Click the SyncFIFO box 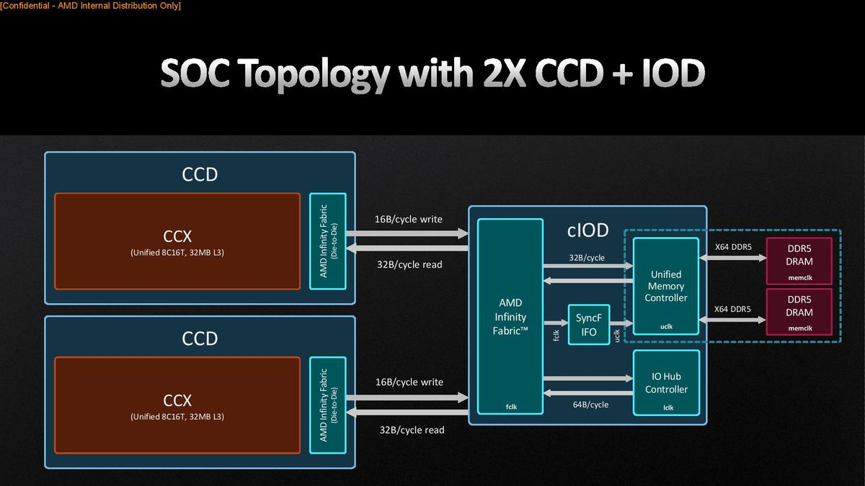pos(589,325)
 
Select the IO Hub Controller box pos(667,382)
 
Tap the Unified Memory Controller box pos(666,287)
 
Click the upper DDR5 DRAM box pos(799,261)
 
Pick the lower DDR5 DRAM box pos(799,312)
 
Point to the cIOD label pos(587,230)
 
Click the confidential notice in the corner pos(90,6)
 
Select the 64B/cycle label pos(590,405)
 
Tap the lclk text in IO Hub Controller pos(668,408)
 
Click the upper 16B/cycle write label pos(409,219)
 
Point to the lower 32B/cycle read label pos(412,430)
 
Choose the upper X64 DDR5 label pos(733,247)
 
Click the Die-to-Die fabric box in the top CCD pos(328,241)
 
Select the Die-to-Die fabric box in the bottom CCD pos(328,405)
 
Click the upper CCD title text pos(200,174)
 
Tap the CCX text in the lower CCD pos(177,400)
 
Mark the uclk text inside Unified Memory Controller pos(667,326)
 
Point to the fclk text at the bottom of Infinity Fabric pos(511,407)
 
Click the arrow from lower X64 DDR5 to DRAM pos(732,320)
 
